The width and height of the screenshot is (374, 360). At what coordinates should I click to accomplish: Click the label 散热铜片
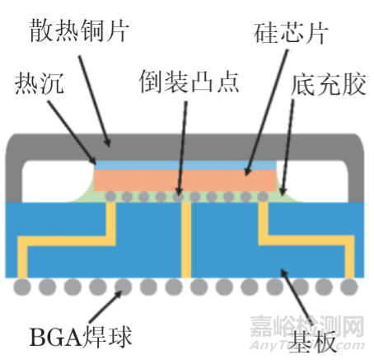[x=79, y=30]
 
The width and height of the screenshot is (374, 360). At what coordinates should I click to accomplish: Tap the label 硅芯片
[x=291, y=33]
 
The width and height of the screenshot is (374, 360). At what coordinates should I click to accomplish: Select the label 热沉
[x=40, y=83]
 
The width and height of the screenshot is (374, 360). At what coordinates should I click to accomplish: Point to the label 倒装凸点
[x=189, y=82]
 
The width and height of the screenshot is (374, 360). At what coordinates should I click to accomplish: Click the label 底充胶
[x=329, y=84]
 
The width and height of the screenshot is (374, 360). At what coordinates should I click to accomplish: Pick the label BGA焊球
[x=81, y=336]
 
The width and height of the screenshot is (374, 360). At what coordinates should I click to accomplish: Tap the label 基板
[x=312, y=341]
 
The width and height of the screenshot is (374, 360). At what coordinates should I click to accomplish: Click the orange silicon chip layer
[x=185, y=180]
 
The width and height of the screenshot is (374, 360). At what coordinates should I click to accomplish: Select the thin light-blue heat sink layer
[x=185, y=166]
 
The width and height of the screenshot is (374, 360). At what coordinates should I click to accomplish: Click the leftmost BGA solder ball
[x=22, y=287]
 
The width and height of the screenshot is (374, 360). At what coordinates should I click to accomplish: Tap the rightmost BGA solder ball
[x=349, y=287]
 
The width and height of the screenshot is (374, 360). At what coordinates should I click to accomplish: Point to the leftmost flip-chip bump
[x=110, y=196]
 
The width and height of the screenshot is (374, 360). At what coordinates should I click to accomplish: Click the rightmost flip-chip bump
[x=263, y=196]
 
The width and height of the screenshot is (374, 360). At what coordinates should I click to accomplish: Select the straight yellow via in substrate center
[x=186, y=240]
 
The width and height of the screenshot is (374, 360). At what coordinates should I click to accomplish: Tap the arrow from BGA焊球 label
[x=105, y=306]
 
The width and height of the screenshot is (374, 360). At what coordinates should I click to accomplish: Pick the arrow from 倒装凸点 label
[x=182, y=148]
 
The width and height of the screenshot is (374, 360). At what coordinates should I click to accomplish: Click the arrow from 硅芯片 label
[x=266, y=112]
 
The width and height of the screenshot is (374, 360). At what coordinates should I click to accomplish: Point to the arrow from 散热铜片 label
[x=95, y=101]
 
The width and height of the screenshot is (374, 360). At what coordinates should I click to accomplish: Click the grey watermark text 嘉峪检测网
[x=307, y=326]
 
